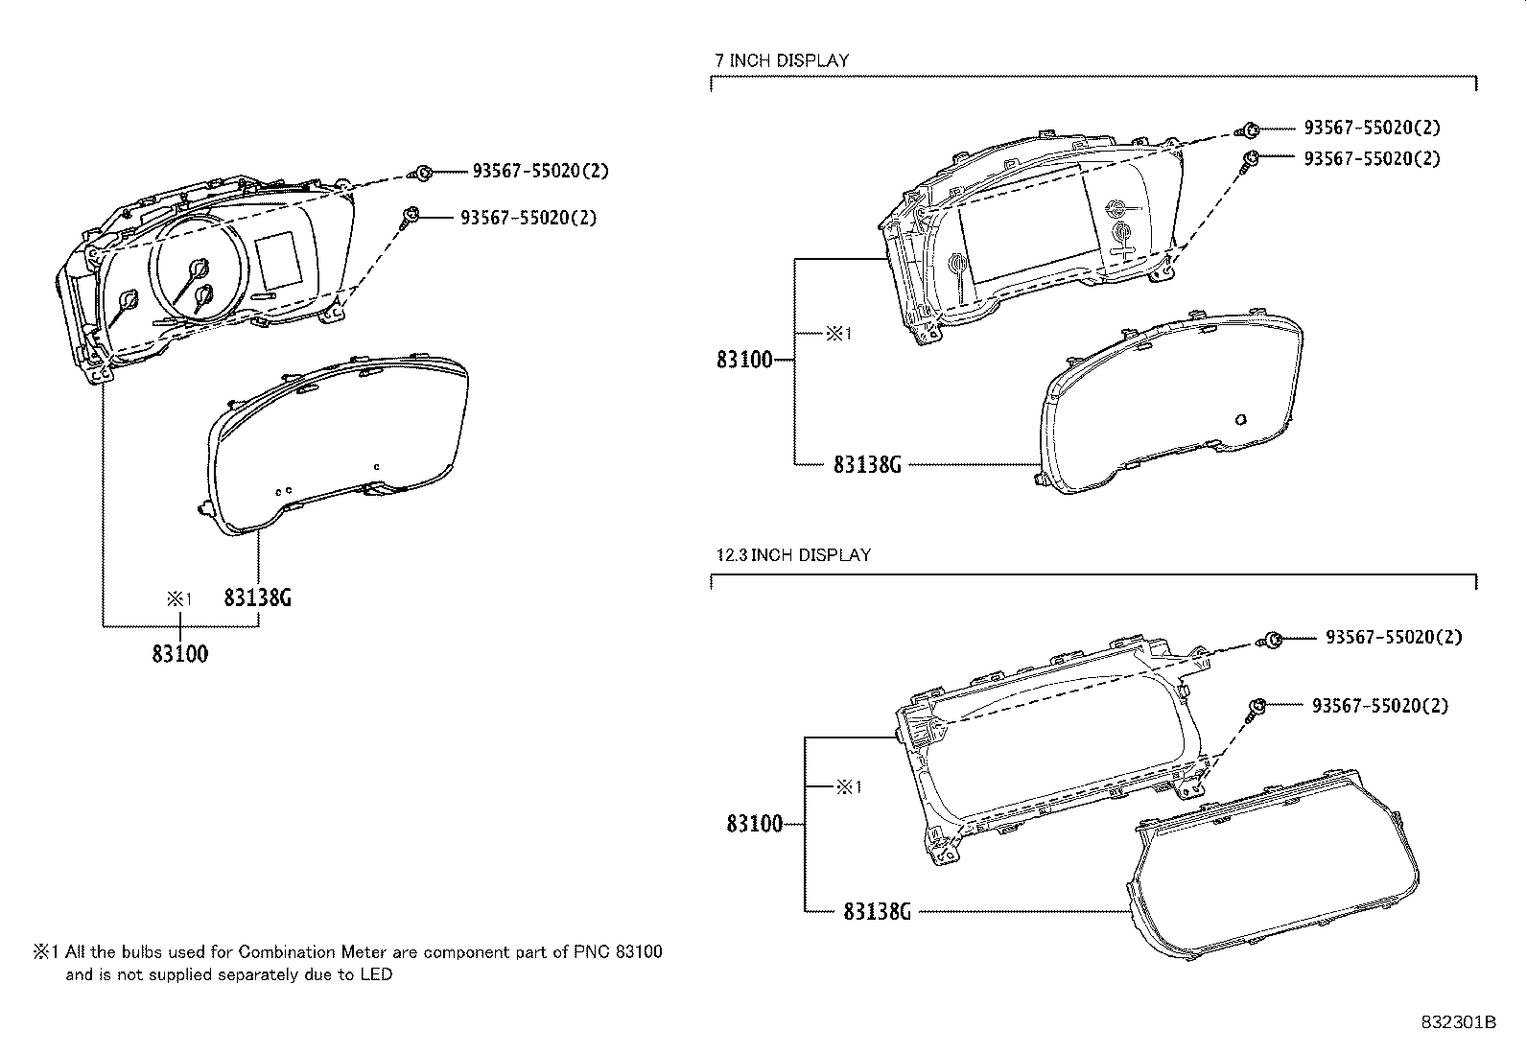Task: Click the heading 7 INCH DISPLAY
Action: (781, 60)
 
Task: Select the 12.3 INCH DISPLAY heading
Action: (793, 555)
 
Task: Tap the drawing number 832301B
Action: (1458, 1022)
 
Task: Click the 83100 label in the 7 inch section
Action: (744, 360)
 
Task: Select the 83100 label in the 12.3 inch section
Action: (755, 824)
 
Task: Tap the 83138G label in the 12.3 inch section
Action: (878, 911)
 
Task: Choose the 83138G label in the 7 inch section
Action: (867, 464)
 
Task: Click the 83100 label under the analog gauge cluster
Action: (180, 654)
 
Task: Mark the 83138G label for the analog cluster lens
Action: (258, 597)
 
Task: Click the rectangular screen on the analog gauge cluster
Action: (279, 260)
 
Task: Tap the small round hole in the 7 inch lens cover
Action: (1241, 419)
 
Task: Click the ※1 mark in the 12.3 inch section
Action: (850, 787)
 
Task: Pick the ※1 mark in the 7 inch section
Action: (839, 334)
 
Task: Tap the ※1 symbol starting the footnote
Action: (46, 951)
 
